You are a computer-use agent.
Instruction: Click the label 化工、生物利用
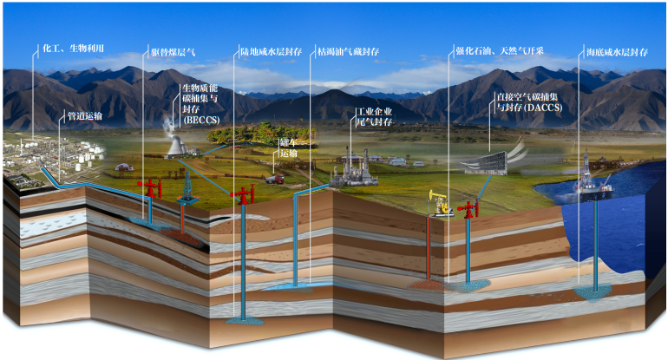(x=73, y=49)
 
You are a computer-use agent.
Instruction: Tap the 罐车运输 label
(x=288, y=147)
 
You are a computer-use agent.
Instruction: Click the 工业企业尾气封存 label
(x=376, y=117)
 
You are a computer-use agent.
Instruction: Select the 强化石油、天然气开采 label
(x=499, y=51)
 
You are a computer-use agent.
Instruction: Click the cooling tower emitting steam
(x=175, y=145)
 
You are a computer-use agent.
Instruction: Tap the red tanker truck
(x=275, y=179)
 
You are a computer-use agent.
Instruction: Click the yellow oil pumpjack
(x=442, y=204)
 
